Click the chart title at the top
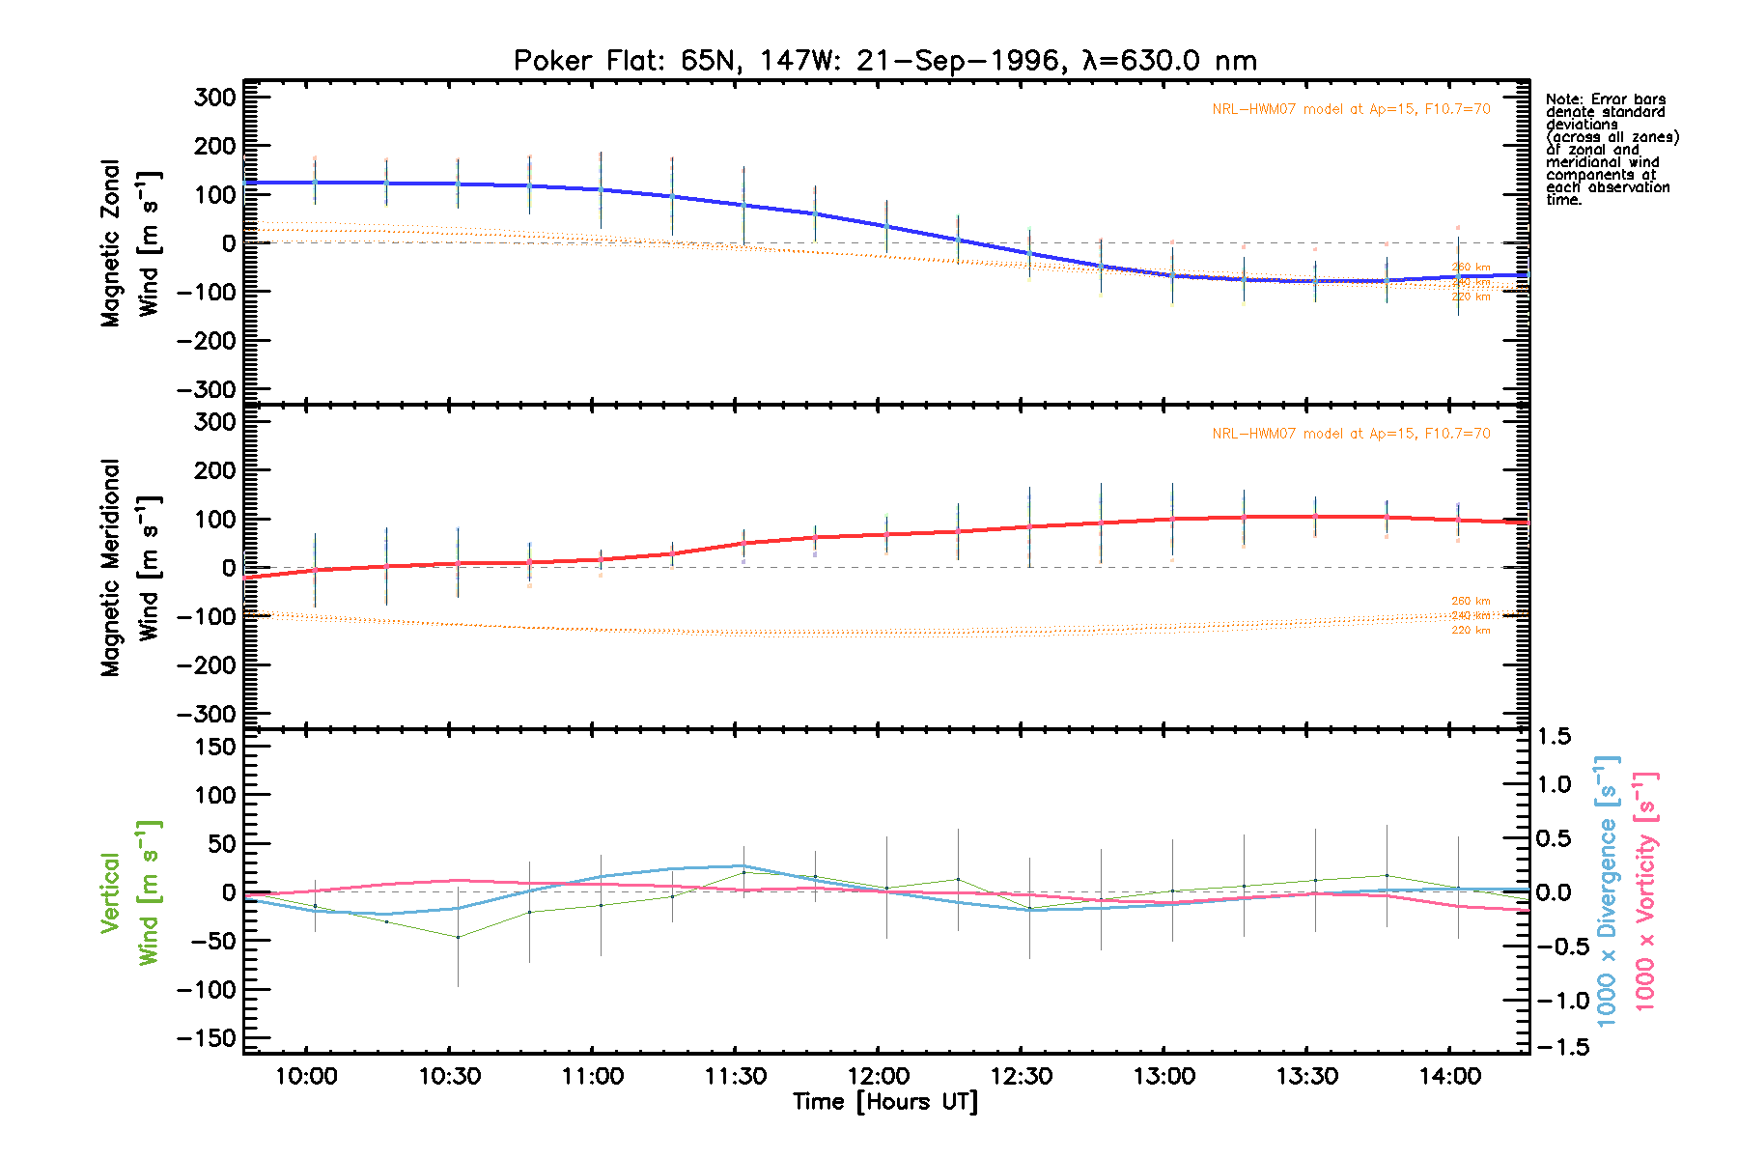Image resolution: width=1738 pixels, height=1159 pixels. click(x=884, y=61)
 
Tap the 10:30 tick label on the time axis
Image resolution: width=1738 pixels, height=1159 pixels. click(x=449, y=1076)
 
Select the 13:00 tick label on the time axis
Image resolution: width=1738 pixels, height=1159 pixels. click(x=1163, y=1076)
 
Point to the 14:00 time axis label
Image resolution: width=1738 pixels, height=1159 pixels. click(x=1449, y=1076)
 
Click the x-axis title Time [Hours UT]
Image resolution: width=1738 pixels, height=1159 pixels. click(x=884, y=1102)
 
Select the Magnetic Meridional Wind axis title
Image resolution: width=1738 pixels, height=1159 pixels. click(x=129, y=568)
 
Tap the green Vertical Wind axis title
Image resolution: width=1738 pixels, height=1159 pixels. click(x=129, y=892)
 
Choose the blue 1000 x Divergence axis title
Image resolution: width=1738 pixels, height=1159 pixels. click(x=1607, y=890)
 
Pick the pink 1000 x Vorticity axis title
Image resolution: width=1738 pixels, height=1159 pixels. click(x=1645, y=890)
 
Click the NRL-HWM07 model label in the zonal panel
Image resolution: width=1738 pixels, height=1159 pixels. click(x=1351, y=109)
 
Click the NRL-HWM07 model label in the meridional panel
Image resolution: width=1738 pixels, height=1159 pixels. click(x=1351, y=434)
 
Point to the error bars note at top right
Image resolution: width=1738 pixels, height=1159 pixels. click(x=1611, y=150)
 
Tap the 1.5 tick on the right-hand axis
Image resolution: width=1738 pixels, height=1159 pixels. click(x=1554, y=737)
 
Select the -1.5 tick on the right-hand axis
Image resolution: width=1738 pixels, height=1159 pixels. click(x=1559, y=1047)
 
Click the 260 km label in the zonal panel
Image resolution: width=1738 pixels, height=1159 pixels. click(x=1471, y=268)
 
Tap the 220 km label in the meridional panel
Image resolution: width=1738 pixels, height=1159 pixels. click(x=1471, y=631)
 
